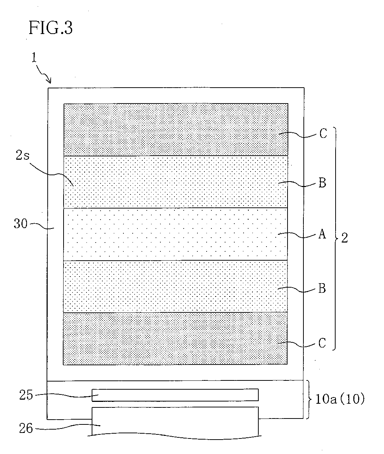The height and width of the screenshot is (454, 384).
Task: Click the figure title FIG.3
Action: click(51, 28)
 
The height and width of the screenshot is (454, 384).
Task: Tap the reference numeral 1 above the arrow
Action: click(34, 59)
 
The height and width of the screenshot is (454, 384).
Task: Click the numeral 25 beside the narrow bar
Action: click(26, 395)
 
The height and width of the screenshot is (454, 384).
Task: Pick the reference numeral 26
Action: click(26, 428)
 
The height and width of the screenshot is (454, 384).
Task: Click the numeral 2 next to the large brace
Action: click(344, 238)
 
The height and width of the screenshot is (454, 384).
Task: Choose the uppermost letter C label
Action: click(323, 134)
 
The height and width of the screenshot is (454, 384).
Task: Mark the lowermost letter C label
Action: click(322, 344)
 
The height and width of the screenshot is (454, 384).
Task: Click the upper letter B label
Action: click(322, 183)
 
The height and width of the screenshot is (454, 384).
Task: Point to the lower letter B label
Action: click(322, 289)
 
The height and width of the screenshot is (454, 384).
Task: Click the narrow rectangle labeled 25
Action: click(175, 395)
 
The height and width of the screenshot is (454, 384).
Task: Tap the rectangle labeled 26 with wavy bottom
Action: click(175, 421)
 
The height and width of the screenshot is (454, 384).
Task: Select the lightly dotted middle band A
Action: click(176, 234)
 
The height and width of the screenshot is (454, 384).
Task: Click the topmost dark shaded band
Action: click(176, 129)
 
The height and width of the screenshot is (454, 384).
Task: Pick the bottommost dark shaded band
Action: click(176, 339)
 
